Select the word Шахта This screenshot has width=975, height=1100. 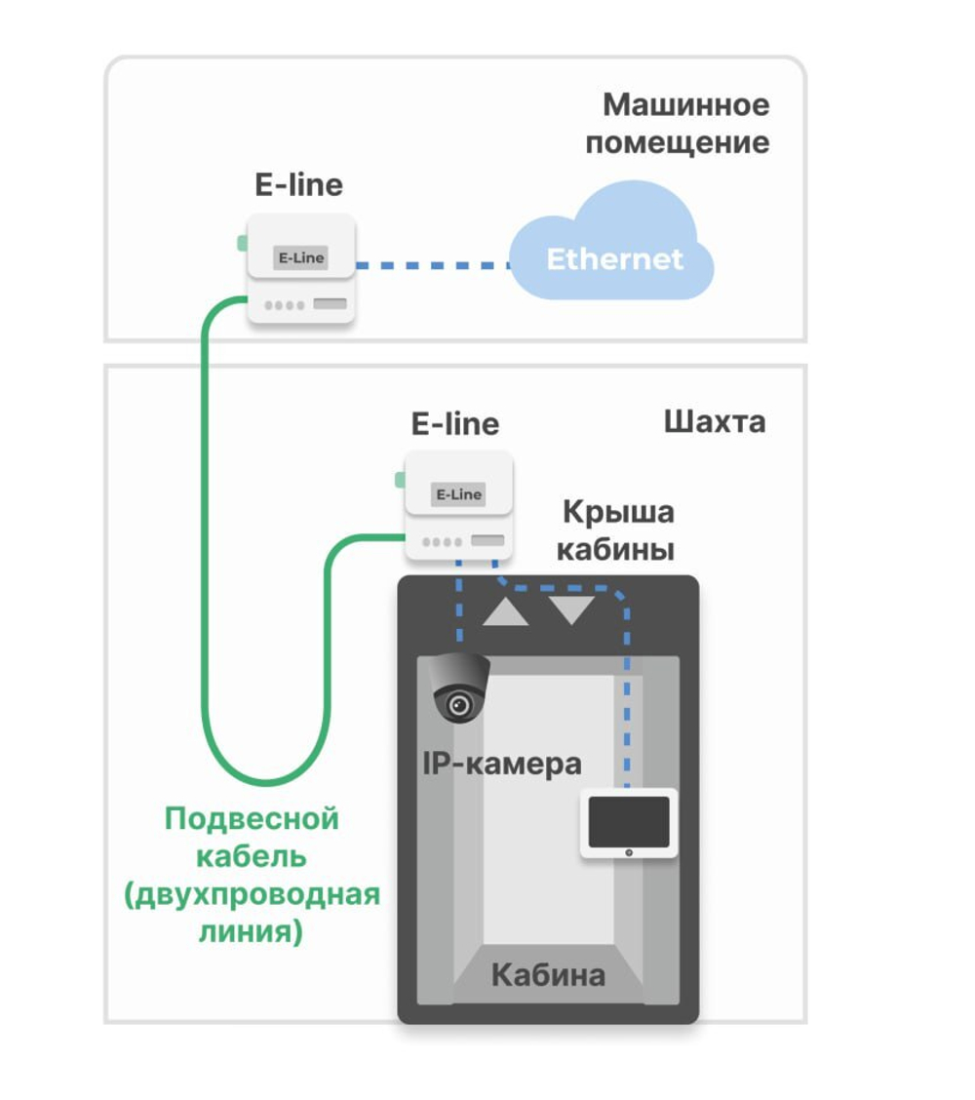click(714, 421)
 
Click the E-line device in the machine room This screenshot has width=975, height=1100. click(299, 268)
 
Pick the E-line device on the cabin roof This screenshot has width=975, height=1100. click(458, 505)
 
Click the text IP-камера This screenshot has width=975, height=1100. click(501, 764)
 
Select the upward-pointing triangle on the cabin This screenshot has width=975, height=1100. click(506, 612)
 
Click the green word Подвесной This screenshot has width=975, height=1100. click(252, 818)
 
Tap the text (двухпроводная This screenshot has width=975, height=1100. click(252, 894)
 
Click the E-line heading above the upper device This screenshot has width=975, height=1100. click(298, 184)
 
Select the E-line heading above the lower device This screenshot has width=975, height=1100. click(455, 423)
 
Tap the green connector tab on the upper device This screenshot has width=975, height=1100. click(241, 243)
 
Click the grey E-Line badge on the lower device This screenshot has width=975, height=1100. click(458, 494)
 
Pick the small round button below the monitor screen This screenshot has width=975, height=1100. click(629, 852)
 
